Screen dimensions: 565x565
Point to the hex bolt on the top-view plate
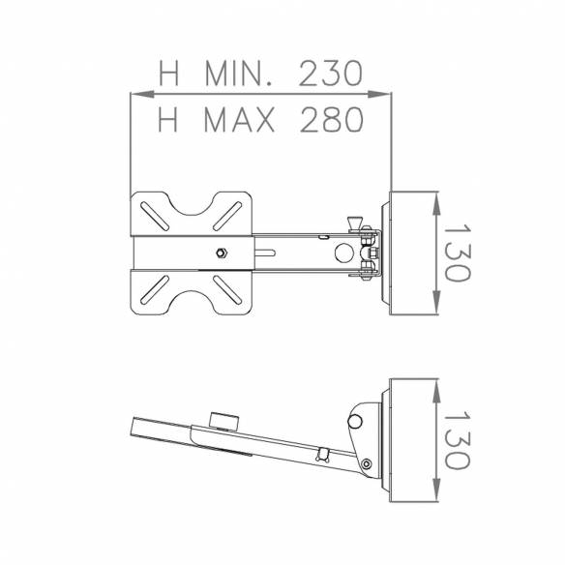pyautogui.click(x=221, y=253)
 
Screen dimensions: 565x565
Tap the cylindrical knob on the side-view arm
pyautogui.click(x=223, y=422)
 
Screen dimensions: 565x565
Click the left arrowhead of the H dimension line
pyautogui.click(x=136, y=94)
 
